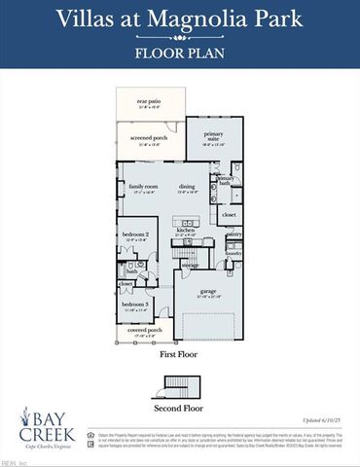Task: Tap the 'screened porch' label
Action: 149,138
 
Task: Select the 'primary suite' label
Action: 212,137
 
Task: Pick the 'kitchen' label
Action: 186,231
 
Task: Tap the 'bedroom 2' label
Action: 134,234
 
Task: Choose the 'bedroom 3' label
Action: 134,305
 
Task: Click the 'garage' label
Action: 209,292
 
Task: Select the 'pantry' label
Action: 234,234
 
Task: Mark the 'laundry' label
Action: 234,253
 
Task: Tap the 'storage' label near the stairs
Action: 190,264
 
